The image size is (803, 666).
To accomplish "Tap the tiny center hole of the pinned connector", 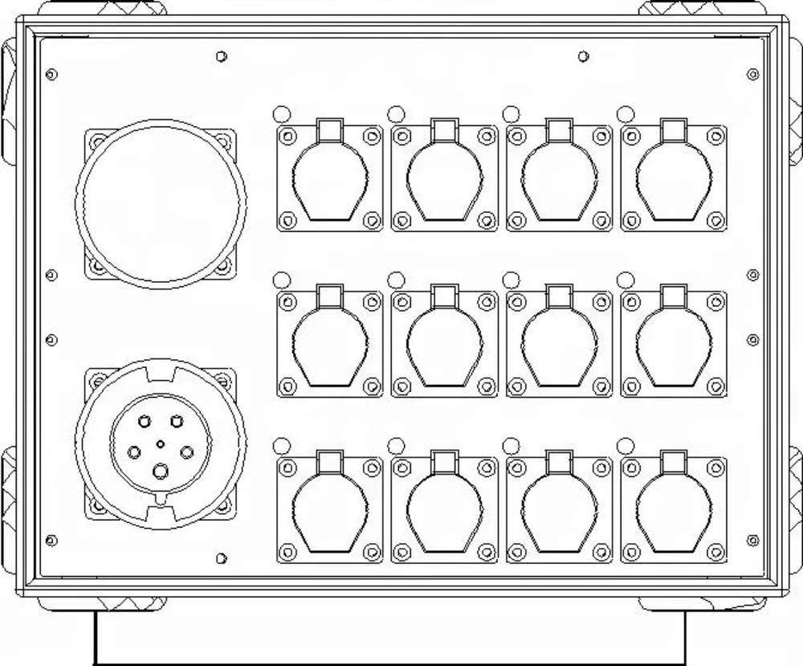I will [161, 443].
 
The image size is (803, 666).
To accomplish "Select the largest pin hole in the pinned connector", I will [161, 472].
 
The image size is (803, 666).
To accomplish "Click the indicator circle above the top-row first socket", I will [281, 113].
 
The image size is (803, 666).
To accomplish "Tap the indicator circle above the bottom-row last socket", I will [625, 446].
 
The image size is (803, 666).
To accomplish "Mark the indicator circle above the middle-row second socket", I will [395, 279].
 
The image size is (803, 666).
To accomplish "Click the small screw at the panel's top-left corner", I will [52, 75].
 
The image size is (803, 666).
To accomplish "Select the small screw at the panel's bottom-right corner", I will [752, 539].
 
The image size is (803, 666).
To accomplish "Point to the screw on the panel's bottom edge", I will [221, 558].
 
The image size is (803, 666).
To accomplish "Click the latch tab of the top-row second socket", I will [444, 129].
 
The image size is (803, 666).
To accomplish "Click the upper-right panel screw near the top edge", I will [582, 56].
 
